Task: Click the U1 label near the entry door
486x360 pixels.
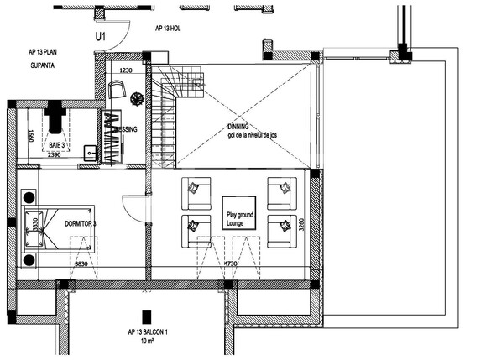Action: pos(102,37)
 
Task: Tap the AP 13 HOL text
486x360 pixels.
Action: pos(168,28)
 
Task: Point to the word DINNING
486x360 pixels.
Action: pos(238,128)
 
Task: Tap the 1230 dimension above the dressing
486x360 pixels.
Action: pos(127,71)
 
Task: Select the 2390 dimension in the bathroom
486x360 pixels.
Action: pos(55,155)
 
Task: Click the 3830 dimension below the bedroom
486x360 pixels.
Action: pos(81,264)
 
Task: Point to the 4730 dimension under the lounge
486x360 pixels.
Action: pos(231,264)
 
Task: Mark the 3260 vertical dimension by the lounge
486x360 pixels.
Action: pos(301,227)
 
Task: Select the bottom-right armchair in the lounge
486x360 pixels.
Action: pos(280,229)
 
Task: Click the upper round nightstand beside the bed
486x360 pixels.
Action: pos(28,199)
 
